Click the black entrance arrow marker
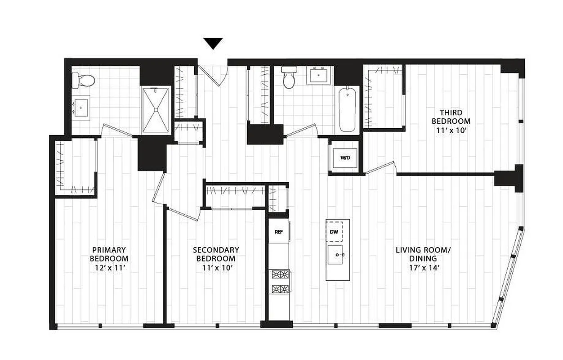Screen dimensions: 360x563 pos(213,43)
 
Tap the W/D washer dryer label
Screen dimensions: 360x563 pos(345,158)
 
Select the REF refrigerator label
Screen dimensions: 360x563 pos(278,232)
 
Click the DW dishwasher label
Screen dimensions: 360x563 pos(334,232)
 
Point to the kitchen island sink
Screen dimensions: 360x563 pos(337,255)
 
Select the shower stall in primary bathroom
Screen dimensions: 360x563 pos(155,110)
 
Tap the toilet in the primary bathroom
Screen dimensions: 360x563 pos(85,81)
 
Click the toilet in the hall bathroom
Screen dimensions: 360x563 pos(288,77)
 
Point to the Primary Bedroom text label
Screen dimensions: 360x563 pos(109,254)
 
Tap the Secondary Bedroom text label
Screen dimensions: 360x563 pos(216,254)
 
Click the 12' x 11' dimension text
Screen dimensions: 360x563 pos(109,268)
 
